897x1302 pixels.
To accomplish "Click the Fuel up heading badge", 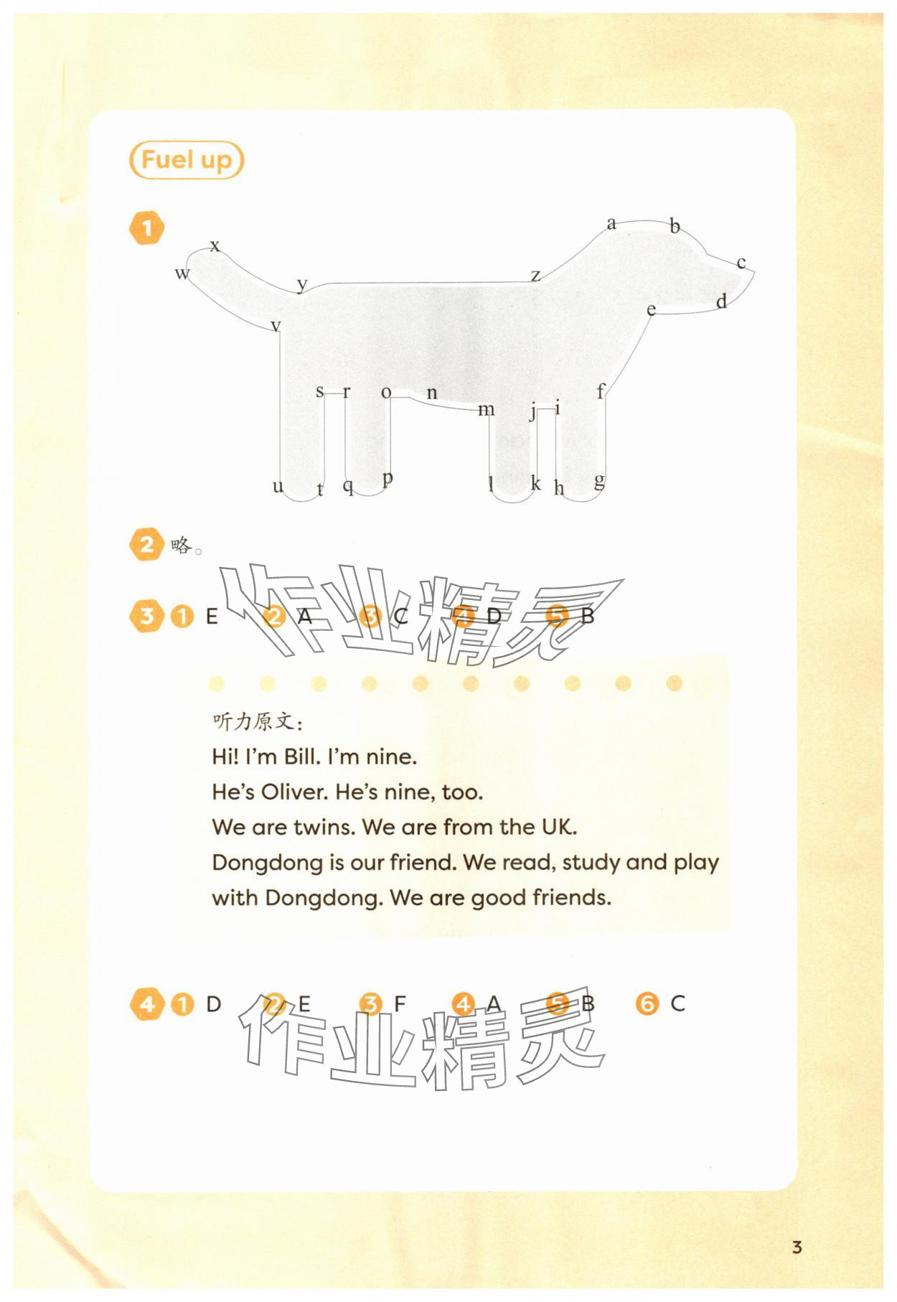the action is coord(187,160).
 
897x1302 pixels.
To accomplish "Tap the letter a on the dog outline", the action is coord(611,223).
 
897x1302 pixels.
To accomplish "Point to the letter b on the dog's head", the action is coord(675,226).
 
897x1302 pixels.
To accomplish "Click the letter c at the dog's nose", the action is coord(741,263).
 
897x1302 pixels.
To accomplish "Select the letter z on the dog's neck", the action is coord(535,275).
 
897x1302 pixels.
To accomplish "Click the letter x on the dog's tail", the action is coord(215,246).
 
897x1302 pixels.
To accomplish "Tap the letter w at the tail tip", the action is coord(182,273).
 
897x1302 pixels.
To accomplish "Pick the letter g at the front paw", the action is coord(599,480).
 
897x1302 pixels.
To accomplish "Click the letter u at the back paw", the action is coord(278,487).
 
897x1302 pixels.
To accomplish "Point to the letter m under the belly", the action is coord(487,410).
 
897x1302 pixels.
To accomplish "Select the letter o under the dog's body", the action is coord(386,393).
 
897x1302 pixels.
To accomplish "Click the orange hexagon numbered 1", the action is coord(147,228).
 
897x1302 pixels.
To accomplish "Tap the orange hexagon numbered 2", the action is coord(147,544).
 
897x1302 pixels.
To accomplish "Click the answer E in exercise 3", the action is coord(212,617).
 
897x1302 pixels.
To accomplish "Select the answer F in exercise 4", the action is coord(400,1003).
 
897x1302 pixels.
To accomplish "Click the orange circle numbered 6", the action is coord(647,1003).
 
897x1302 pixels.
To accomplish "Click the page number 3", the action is coord(797,1247).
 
